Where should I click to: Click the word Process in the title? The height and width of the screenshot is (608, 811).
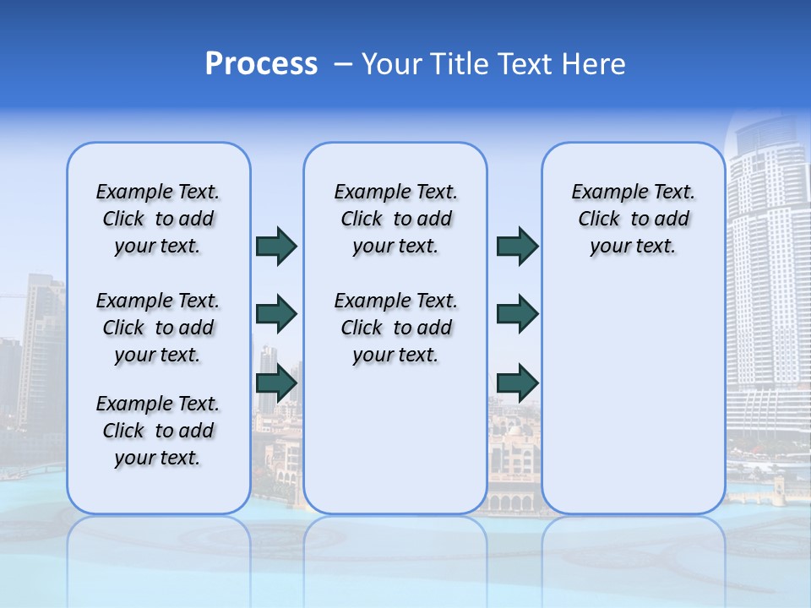pos(261,64)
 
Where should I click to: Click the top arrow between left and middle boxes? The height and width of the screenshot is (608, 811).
pos(276,247)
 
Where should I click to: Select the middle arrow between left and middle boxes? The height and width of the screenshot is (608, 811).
pos(276,315)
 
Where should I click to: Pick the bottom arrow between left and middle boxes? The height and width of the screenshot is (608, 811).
pos(276,383)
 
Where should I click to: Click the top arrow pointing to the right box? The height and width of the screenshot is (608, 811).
pos(517,247)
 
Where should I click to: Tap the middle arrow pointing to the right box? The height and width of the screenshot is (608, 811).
pos(517,315)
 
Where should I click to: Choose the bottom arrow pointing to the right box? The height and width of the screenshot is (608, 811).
pos(517,383)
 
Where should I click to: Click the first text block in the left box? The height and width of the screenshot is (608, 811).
pos(158,219)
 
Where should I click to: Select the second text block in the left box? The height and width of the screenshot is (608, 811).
pos(158,328)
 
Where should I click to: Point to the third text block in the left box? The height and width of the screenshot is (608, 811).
pos(158,431)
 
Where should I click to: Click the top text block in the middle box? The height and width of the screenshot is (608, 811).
pos(395,219)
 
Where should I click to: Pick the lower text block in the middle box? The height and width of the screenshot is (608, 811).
pos(395,328)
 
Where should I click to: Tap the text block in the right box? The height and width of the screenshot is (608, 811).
pos(633,219)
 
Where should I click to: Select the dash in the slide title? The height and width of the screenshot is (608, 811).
pos(343,64)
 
